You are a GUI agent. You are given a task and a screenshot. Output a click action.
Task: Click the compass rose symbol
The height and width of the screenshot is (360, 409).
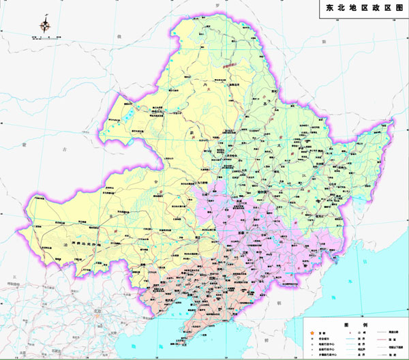point(46,26)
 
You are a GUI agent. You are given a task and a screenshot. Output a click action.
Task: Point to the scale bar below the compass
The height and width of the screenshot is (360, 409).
point(45,37)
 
